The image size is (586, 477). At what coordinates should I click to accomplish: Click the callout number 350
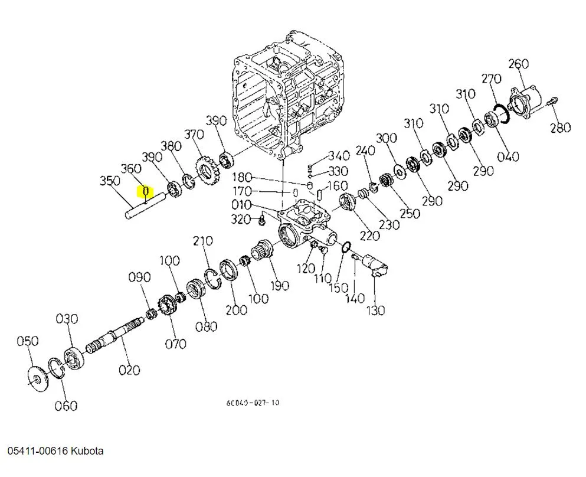110,181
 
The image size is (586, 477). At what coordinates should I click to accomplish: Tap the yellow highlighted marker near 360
145,191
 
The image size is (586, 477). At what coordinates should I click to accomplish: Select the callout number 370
194,135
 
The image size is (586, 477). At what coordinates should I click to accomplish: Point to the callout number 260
518,64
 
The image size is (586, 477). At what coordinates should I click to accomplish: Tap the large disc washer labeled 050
39,376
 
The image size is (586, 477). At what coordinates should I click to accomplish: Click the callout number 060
66,406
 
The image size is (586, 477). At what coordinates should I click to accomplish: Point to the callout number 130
375,309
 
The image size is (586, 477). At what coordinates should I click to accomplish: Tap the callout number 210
202,241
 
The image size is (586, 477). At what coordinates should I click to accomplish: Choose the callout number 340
339,156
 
